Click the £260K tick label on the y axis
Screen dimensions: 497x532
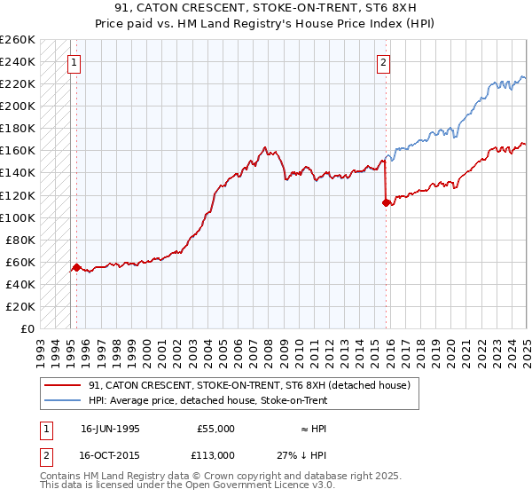tap(18, 40)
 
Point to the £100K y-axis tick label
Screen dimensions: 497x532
tap(18, 217)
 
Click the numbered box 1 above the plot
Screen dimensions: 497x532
tap(73, 62)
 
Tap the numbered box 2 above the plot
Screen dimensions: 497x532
tap(383, 62)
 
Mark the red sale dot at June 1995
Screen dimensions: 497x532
tap(76, 267)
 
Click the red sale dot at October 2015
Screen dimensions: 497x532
tap(386, 202)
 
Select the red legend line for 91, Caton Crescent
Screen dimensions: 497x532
tap(61, 386)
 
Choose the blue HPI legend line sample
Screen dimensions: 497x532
tap(61, 400)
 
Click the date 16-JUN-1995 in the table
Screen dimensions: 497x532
tap(110, 429)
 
